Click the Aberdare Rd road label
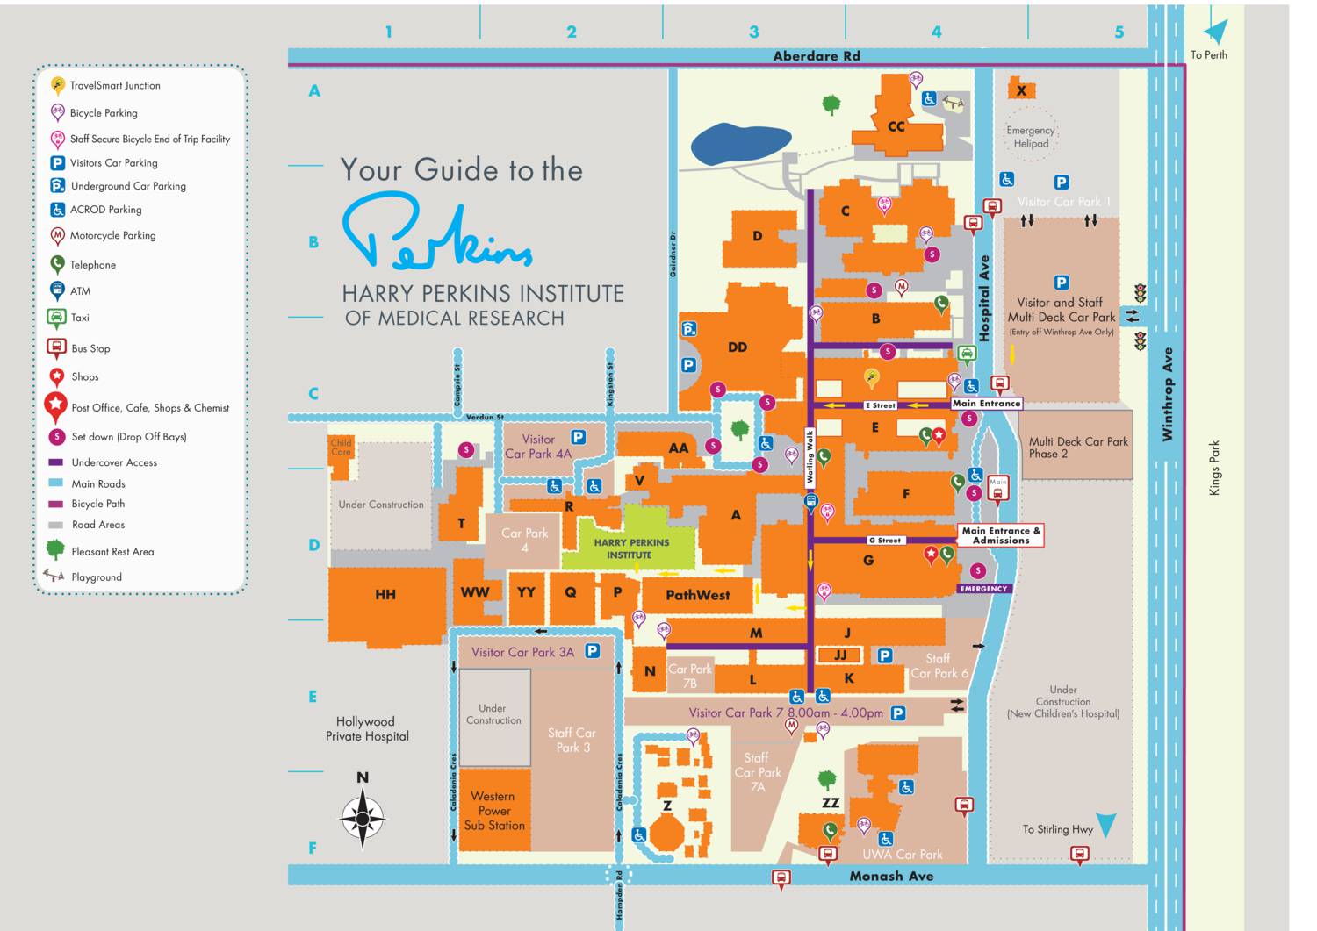[816, 56]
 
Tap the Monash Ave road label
[890, 876]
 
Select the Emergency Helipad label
[1030, 137]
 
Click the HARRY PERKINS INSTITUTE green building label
[631, 548]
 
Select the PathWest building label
[697, 595]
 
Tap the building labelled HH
[385, 595]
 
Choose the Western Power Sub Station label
[494, 811]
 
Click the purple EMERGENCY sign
[983, 589]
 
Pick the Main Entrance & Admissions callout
[1000, 535]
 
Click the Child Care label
[341, 448]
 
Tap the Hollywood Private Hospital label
[366, 729]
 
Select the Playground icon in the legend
[54, 576]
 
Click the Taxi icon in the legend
[56, 318]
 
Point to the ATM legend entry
[80, 291]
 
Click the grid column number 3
[753, 32]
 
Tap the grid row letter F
[313, 849]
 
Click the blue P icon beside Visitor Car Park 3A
[592, 651]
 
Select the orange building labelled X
[1021, 90]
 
